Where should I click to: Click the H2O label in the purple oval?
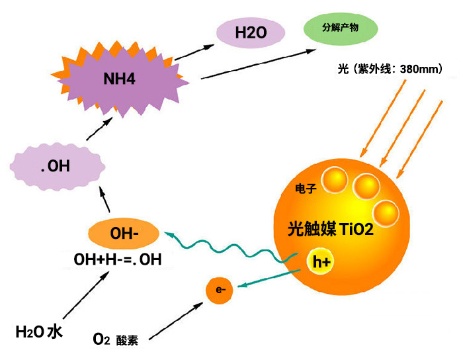(251, 32)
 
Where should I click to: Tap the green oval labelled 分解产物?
(341, 28)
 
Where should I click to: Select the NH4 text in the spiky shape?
(119, 79)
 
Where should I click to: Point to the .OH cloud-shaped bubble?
(58, 167)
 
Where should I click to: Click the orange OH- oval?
(124, 234)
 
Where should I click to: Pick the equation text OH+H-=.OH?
(118, 259)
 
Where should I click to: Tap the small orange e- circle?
(220, 291)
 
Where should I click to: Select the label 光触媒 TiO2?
(331, 229)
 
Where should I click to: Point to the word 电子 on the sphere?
(306, 189)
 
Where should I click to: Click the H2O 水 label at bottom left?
(38, 332)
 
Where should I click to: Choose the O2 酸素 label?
(115, 339)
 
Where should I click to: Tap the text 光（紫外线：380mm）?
(390, 69)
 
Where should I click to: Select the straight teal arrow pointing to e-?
(269, 278)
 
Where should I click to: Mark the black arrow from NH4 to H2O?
(194, 52)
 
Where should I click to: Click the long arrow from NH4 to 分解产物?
(259, 64)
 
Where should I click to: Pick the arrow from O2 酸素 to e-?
(176, 321)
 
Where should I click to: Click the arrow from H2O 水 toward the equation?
(86, 295)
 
